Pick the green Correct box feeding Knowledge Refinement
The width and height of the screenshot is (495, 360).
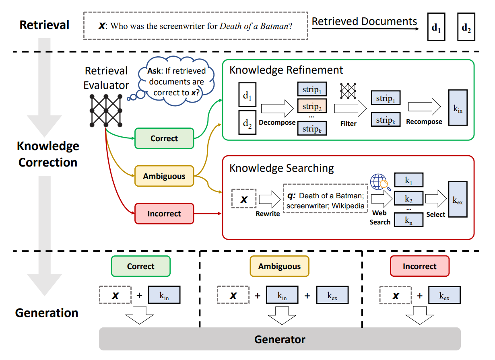tap(164, 138)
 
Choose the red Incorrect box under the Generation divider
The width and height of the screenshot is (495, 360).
tap(419, 266)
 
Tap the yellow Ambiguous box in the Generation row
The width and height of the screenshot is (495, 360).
tap(279, 266)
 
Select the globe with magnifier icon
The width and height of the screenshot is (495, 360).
tap(380, 182)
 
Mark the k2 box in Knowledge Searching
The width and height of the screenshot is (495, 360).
tap(408, 199)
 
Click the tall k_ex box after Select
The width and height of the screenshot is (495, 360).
tap(458, 199)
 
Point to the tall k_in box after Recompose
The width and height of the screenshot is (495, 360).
tap(458, 108)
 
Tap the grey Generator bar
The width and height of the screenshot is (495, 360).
tap(280, 339)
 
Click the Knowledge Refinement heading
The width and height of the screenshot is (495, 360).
tap(286, 70)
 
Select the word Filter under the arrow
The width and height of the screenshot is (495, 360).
tap(348, 124)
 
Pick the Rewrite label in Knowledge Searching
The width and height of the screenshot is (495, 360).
tap(268, 214)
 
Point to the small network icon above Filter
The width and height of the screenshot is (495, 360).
tap(348, 91)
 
